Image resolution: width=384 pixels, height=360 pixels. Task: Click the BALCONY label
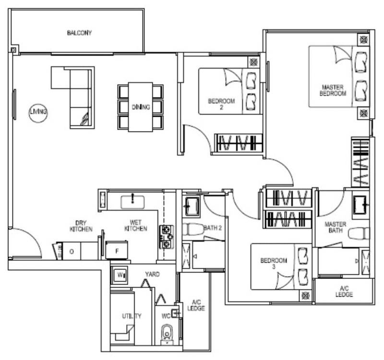point(79,33)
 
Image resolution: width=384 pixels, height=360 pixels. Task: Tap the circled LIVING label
point(38,112)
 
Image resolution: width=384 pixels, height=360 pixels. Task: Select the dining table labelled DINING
point(140,107)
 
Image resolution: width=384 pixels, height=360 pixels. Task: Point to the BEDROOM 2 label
point(221,104)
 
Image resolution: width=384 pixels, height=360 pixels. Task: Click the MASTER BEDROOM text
point(333,90)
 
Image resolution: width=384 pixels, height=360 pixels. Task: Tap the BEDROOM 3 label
point(274,263)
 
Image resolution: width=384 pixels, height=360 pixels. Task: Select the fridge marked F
point(117,250)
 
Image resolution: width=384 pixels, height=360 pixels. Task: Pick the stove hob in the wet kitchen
point(167,237)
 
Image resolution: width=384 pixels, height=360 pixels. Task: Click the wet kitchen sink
point(132,202)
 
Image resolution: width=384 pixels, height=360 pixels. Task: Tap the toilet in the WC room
point(167,333)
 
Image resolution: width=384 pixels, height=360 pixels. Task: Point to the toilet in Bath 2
point(193,229)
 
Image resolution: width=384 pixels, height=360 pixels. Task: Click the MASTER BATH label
point(335,227)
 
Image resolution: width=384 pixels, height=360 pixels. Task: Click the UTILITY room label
point(132,316)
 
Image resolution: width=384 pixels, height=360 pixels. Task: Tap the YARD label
point(152,274)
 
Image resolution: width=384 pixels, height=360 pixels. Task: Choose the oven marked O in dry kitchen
point(72,251)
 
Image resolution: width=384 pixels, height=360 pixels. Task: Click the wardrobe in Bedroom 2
point(238,143)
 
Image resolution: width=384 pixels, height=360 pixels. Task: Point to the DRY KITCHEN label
point(81,226)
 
